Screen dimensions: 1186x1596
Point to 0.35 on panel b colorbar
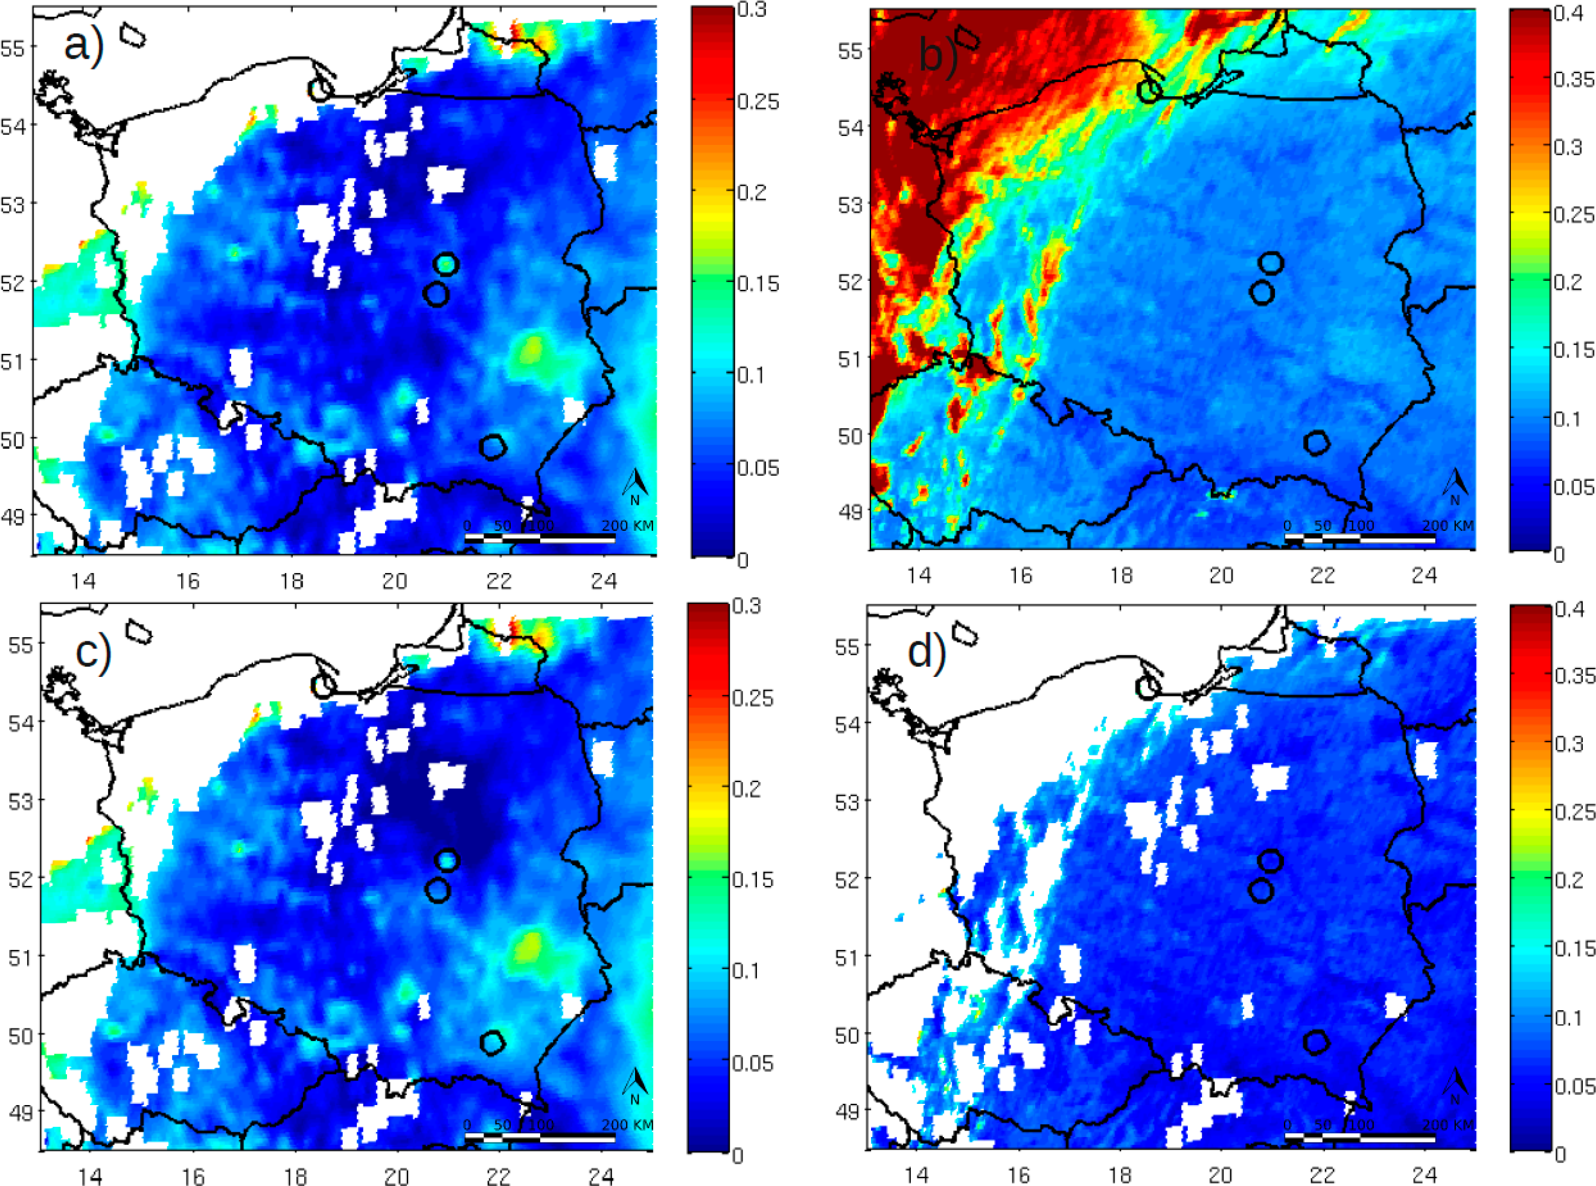tap(1574, 80)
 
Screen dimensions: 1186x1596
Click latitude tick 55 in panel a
tap(13, 49)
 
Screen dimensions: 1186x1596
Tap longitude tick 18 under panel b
tap(1121, 575)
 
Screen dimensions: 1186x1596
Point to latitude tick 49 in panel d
tap(848, 1111)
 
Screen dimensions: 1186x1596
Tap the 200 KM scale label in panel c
tap(627, 1125)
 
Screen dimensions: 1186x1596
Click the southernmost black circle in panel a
tap(493, 446)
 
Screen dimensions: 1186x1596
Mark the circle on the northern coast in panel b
tap(1149, 91)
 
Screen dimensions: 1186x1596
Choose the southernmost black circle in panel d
tap(1315, 1042)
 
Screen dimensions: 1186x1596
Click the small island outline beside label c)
tap(138, 631)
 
